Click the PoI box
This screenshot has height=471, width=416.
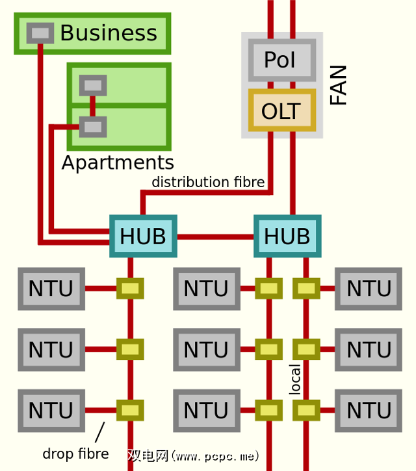click(x=281, y=60)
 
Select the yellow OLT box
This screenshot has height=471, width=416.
click(x=281, y=111)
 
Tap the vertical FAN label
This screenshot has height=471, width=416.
click(x=339, y=85)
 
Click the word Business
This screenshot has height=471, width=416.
click(x=109, y=33)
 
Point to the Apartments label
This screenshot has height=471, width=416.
click(x=118, y=162)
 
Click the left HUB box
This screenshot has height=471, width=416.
click(x=143, y=236)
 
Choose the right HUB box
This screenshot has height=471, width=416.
click(x=287, y=236)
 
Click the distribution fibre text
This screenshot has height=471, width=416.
click(x=208, y=183)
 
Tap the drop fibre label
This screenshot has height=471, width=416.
click(x=75, y=453)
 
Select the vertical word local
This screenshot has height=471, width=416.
click(x=295, y=379)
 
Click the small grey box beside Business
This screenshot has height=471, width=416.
click(x=40, y=32)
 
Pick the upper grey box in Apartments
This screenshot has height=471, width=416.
click(x=93, y=85)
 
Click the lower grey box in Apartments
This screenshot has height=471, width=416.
click(x=93, y=126)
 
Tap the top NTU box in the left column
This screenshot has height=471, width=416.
click(x=51, y=288)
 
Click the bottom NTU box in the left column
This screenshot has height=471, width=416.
click(x=51, y=411)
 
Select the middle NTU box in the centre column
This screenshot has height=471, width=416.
click(x=206, y=350)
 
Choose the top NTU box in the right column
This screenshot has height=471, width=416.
click(x=369, y=288)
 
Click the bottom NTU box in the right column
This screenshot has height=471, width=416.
click(x=369, y=411)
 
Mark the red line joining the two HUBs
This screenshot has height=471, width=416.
click(x=215, y=236)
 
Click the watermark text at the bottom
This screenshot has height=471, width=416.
click(x=193, y=455)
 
